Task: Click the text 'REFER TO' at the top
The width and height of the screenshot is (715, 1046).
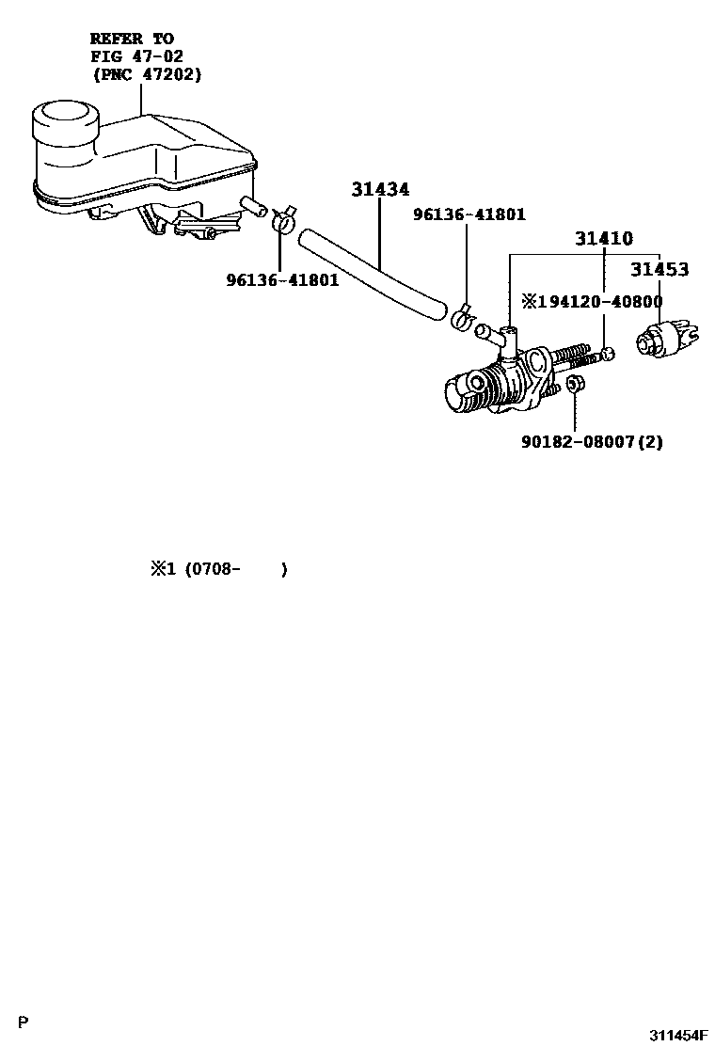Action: pos(131,39)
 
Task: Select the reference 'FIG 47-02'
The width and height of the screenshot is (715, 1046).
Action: pos(137,56)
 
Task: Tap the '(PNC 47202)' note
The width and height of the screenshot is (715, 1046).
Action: pos(147,74)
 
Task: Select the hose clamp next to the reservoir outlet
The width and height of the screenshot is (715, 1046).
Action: pos(281,220)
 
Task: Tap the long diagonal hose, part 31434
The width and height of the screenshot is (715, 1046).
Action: pos(372,274)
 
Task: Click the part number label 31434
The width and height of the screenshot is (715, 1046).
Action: pos(380,190)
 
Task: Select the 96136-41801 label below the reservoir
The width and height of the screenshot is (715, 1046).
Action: pos(281,279)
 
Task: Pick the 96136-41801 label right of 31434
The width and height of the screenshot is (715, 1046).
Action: pos(469,214)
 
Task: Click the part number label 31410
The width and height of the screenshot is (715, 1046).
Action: pos(603,239)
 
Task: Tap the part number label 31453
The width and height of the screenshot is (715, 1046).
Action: pos(659,269)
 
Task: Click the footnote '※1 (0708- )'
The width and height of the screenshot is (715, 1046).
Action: pos(217,569)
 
